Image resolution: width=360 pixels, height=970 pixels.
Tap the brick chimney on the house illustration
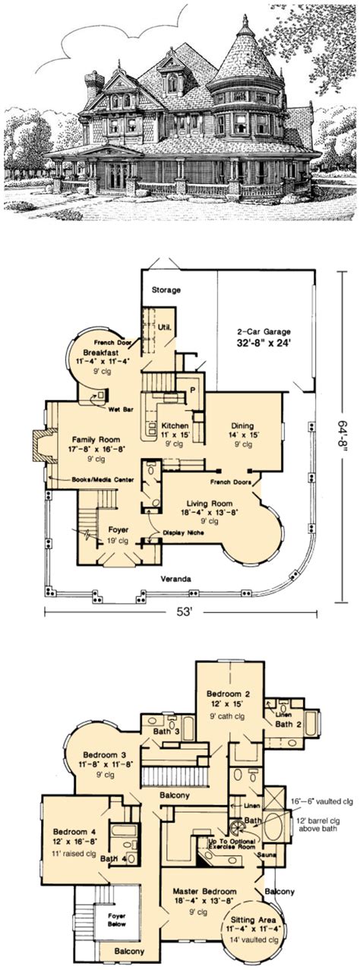click(x=94, y=85)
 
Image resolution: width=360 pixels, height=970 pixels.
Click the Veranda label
click(x=175, y=578)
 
